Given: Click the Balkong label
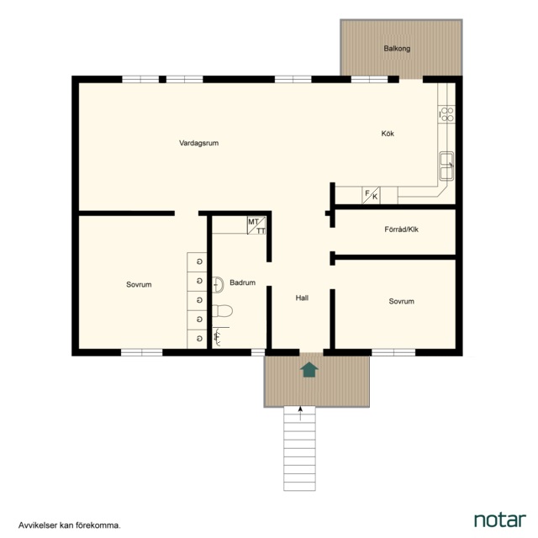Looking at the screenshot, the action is click(x=397, y=49).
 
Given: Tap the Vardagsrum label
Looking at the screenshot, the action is click(x=198, y=143).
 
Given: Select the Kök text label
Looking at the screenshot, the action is click(x=388, y=134).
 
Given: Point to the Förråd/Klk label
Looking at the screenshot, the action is click(x=402, y=229).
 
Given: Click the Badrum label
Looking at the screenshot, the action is click(x=243, y=282).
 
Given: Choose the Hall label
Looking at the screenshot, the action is click(x=302, y=298).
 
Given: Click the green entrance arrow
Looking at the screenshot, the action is click(x=309, y=370).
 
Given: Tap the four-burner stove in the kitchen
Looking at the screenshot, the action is click(x=446, y=114).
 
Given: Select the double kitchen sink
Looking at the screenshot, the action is click(x=446, y=166).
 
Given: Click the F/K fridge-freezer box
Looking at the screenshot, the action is click(x=372, y=195).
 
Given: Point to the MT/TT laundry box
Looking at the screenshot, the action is click(x=256, y=225).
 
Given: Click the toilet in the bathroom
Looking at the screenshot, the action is click(x=222, y=311).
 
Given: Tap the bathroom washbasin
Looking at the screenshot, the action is click(x=218, y=284).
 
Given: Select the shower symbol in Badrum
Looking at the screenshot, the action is click(x=218, y=335).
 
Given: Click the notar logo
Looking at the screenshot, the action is click(x=500, y=520).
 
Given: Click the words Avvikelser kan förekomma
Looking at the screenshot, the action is click(x=70, y=525).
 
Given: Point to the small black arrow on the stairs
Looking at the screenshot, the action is click(x=301, y=414).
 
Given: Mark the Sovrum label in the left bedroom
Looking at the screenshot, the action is click(x=139, y=284).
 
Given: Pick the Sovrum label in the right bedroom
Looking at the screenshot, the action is click(x=402, y=301).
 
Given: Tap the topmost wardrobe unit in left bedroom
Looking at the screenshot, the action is click(x=197, y=262).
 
